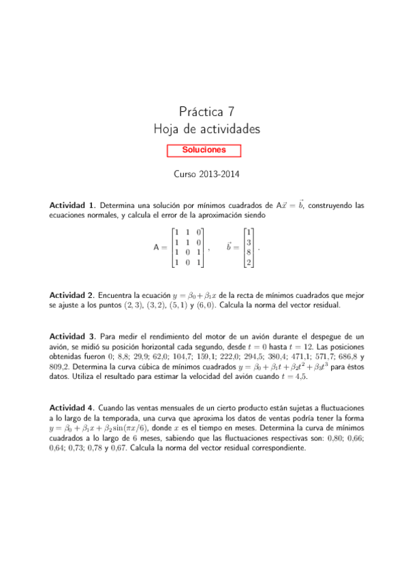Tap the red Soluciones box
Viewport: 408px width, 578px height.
click(204, 150)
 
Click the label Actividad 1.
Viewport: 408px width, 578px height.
click(72, 205)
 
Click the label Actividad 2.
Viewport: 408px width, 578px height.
click(72, 296)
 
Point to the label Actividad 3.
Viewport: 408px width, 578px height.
click(72, 337)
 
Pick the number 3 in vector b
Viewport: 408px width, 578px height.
click(249, 243)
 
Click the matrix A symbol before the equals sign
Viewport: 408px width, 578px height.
click(158, 248)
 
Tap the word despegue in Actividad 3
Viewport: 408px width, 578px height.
click(327, 337)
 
